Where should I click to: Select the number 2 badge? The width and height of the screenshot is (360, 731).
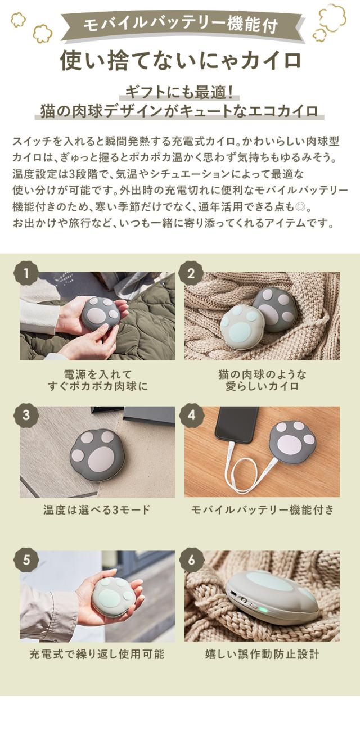tap(191, 274)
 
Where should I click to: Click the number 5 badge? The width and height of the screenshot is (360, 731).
tap(29, 559)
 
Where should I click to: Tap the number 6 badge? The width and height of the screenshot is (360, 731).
tap(191, 559)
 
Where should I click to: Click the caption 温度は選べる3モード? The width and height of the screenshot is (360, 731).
tap(97, 510)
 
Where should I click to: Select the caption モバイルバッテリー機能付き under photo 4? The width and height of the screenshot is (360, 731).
tap(262, 510)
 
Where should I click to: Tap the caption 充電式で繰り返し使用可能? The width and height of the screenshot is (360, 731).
tap(97, 655)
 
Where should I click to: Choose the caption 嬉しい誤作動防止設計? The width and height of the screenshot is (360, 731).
tap(262, 655)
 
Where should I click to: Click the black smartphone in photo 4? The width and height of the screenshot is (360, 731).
tap(235, 425)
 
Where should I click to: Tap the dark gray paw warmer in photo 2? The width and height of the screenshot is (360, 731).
tap(274, 309)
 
